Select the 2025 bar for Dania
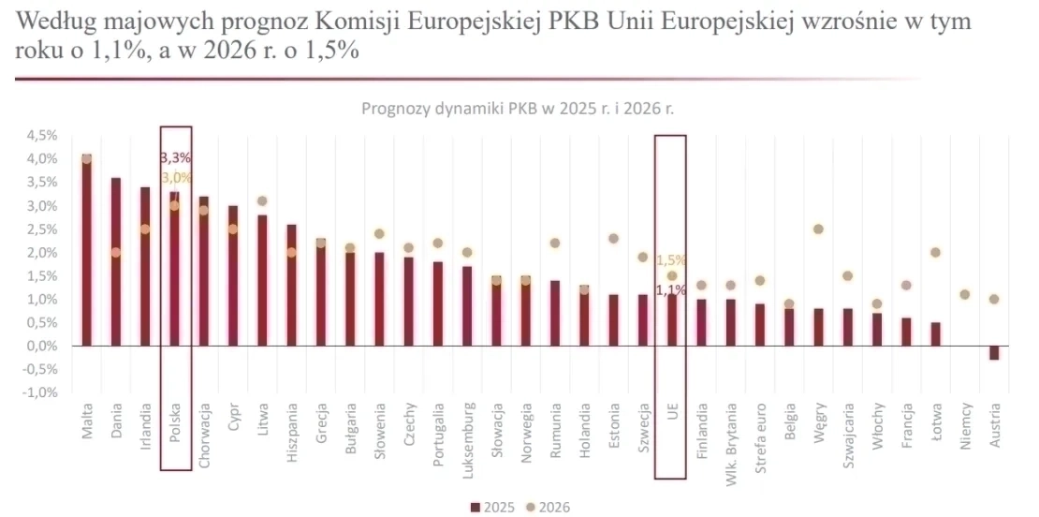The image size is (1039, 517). tap(116, 262)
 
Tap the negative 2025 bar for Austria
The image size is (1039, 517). tap(994, 353)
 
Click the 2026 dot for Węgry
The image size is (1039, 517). tap(818, 229)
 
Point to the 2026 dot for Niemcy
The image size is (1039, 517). tap(965, 295)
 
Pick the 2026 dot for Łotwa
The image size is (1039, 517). tap(935, 253)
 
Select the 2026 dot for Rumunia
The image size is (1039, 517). tap(555, 244)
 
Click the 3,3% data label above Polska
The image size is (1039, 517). tap(176, 157)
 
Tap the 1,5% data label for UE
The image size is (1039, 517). tap(671, 259)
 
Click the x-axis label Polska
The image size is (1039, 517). tap(175, 423)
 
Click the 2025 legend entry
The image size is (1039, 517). tap(492, 507)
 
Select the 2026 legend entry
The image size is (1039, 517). tap(549, 507)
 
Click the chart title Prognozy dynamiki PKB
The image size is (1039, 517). tap(518, 108)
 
